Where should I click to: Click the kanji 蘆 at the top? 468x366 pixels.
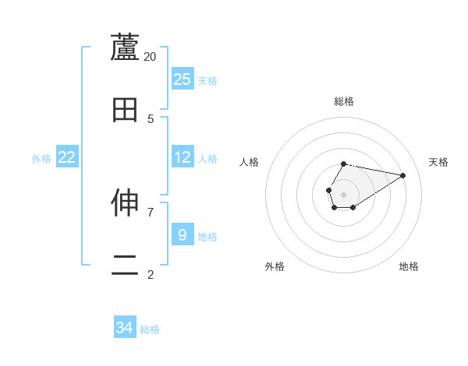pos(125,48)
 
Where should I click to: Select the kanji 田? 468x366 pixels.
pos(125,110)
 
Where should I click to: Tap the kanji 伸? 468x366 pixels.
pos(125,203)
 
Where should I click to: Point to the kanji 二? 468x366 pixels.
pos(125,266)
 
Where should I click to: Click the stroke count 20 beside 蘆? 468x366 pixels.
pos(151,56)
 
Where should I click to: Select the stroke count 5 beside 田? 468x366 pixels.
pos(151,118)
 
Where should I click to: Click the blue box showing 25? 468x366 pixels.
pos(183,79)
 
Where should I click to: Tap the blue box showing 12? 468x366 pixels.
pos(183,157)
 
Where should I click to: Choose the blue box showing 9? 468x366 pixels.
pos(182,234)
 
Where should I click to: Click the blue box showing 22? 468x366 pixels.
pos(67,157)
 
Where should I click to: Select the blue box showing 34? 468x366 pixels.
pos(125,328)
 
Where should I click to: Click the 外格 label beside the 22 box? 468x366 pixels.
pos(41,158)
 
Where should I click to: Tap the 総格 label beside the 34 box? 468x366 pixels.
pos(150,329)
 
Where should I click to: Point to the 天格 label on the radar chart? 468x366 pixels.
pos(438,162)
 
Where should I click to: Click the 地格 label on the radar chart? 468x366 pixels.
pos(409,266)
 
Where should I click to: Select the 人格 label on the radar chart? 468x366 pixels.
pos(249,162)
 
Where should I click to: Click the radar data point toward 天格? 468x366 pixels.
pos(402,174)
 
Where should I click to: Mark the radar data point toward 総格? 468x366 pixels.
pos(344,164)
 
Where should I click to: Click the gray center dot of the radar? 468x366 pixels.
pos(344,194)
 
